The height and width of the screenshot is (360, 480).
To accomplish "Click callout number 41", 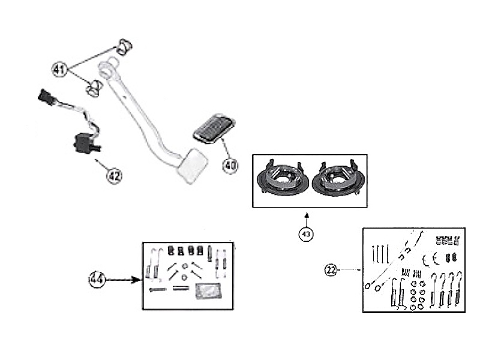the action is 59,70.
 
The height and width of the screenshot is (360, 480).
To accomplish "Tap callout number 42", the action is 114,176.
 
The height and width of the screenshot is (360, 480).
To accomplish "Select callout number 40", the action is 230,166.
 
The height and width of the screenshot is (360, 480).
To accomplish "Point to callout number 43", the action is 306,234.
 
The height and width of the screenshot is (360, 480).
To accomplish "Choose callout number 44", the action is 97,279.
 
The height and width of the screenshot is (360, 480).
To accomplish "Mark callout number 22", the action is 331,270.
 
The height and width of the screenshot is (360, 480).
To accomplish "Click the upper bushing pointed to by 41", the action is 124,47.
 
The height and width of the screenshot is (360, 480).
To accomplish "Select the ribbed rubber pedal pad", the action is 214,129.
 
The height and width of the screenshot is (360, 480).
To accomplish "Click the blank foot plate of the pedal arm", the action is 193,166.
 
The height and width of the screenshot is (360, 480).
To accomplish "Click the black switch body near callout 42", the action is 84,144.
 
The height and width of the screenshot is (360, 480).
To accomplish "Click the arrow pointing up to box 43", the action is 307,220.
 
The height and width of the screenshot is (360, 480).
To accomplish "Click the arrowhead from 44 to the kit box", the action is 136,280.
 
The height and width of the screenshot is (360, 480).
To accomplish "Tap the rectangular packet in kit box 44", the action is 208,290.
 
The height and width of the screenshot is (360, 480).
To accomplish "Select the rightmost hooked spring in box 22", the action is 458,289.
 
